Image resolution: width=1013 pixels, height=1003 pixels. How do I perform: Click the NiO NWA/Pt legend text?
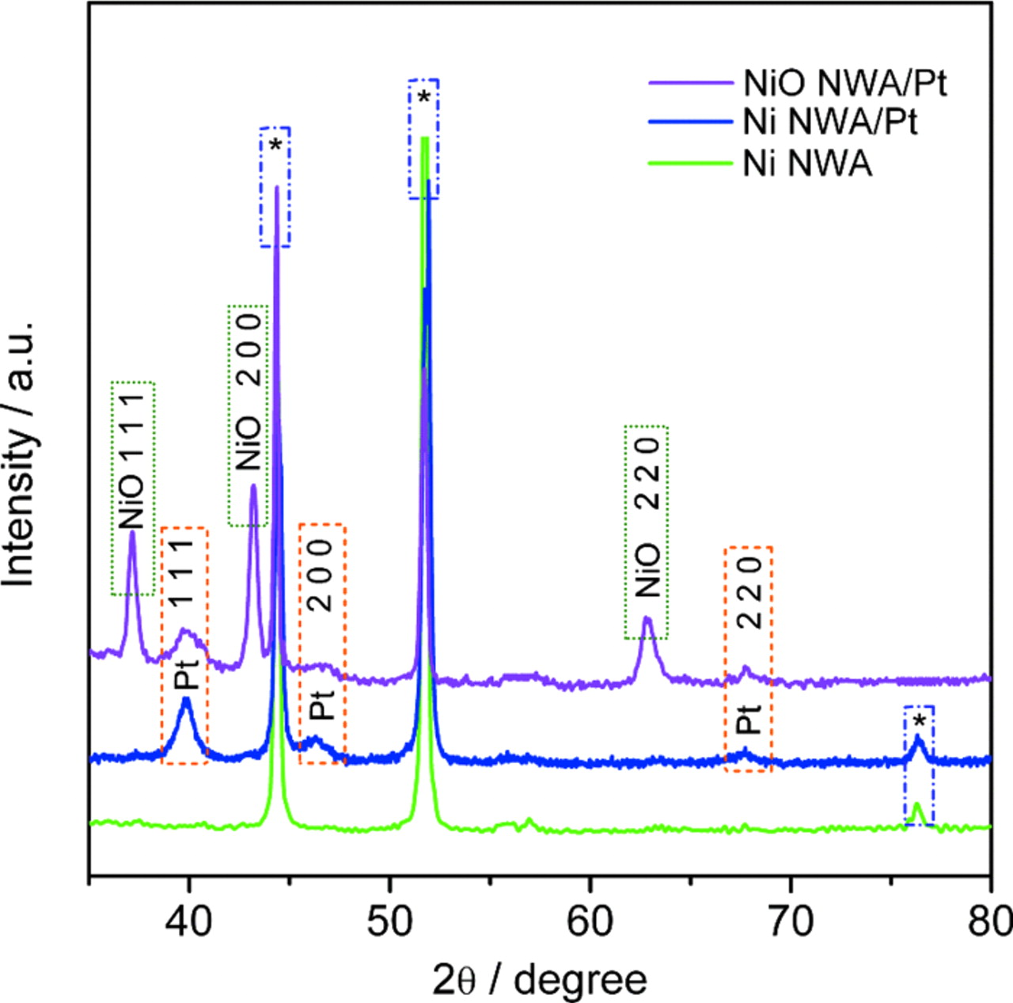[x=844, y=82]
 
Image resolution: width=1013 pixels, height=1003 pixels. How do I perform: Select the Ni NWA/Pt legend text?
[x=830, y=123]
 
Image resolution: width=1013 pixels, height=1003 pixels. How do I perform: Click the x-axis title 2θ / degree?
[x=539, y=979]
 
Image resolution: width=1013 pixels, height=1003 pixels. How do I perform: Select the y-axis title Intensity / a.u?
[x=21, y=454]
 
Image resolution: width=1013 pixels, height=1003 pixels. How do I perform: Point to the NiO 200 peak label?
[x=249, y=391]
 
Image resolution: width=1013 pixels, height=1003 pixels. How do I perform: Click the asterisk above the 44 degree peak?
[x=275, y=145]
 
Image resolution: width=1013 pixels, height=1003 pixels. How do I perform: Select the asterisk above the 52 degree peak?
[x=424, y=98]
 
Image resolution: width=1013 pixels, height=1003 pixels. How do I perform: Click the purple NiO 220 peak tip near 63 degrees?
[x=647, y=618]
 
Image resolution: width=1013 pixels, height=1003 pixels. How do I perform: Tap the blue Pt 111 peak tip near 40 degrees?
[x=187, y=699]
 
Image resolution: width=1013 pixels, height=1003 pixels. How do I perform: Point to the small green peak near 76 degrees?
[x=917, y=805]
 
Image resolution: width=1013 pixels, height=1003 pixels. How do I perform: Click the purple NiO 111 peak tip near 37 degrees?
[x=132, y=532]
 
